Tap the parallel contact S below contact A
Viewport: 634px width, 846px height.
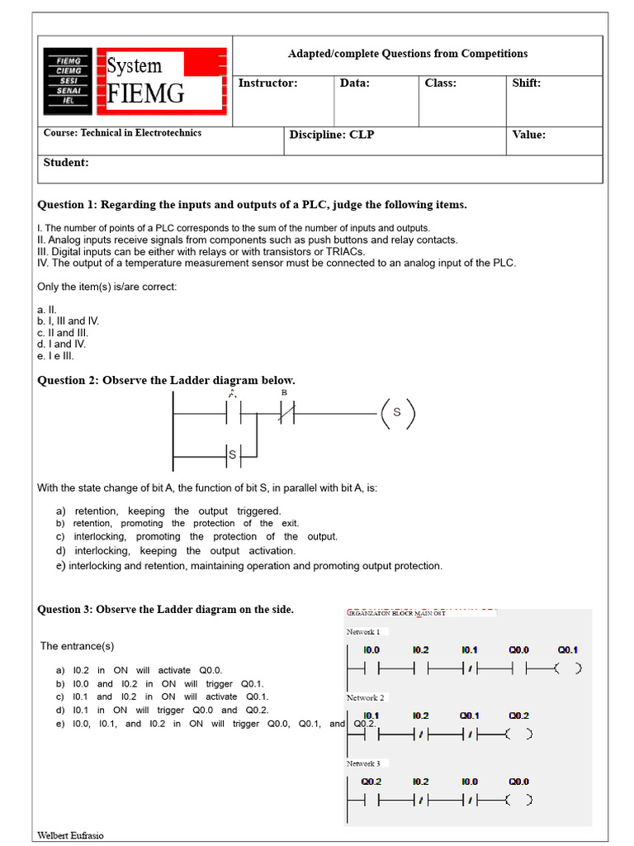pyautogui.click(x=232, y=454)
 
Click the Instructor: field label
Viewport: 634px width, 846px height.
pyautogui.click(x=267, y=83)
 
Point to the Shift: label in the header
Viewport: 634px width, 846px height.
pyautogui.click(x=527, y=83)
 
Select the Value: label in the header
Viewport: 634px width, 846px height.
pyautogui.click(x=529, y=135)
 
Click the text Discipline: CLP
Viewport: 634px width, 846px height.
pyautogui.click(x=331, y=135)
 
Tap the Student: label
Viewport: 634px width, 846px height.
pyautogui.click(x=66, y=162)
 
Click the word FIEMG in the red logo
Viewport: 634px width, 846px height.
pyautogui.click(x=146, y=93)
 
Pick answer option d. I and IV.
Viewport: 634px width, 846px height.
pyautogui.click(x=61, y=344)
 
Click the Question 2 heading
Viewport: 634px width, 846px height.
pyautogui.click(x=166, y=380)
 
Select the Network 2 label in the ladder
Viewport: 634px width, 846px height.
pyautogui.click(x=365, y=697)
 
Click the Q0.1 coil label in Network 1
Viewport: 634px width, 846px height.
pyautogui.click(x=568, y=649)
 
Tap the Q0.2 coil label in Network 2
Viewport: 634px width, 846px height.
pyautogui.click(x=518, y=715)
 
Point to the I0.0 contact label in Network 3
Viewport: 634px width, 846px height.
pyautogui.click(x=469, y=781)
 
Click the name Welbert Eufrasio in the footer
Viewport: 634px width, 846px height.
pyautogui.click(x=71, y=835)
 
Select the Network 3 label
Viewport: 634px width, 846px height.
pyautogui.click(x=363, y=763)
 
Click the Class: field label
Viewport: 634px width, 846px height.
pyautogui.click(x=440, y=83)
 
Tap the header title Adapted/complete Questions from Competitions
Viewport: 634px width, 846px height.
pyautogui.click(x=408, y=54)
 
